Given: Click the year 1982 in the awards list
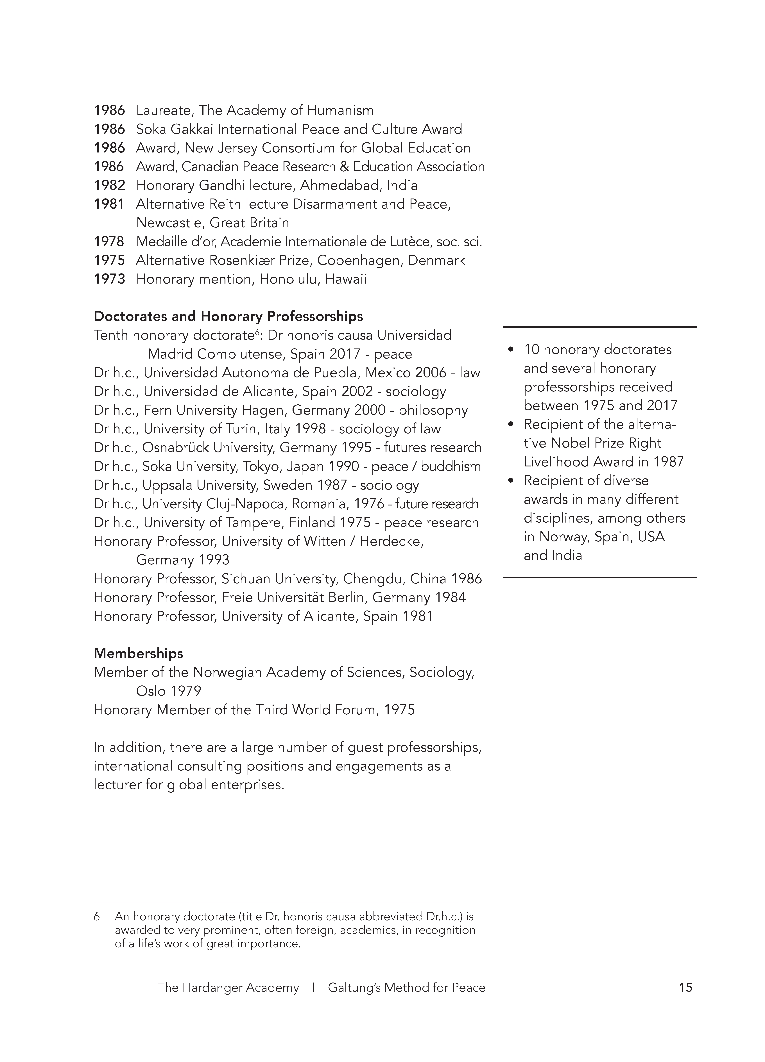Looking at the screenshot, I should coord(109,185).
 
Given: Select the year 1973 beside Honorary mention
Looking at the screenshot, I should coord(109,279).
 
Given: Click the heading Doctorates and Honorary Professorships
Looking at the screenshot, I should coord(228,316).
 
